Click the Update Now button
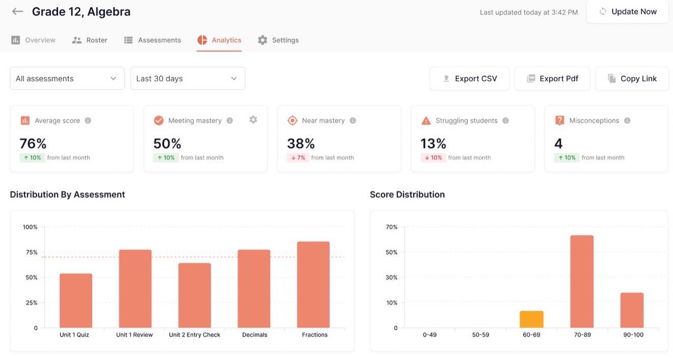[x=628, y=12]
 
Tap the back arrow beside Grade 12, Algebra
[x=18, y=12]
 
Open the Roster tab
[x=90, y=40]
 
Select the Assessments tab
[x=152, y=40]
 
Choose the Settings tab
[x=278, y=40]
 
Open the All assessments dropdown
[x=67, y=79]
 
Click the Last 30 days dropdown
[x=188, y=79]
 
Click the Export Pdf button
[x=552, y=79]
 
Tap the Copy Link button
[x=632, y=79]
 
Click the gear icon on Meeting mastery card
[x=253, y=120]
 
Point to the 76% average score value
[x=33, y=143]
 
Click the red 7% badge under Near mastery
[x=298, y=158]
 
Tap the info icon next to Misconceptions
[x=627, y=121]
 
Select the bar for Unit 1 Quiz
[x=76, y=301]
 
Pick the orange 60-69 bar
[x=532, y=319]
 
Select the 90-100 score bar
[x=632, y=310]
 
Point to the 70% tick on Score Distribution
[x=392, y=227]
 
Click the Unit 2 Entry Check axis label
[x=195, y=335]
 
